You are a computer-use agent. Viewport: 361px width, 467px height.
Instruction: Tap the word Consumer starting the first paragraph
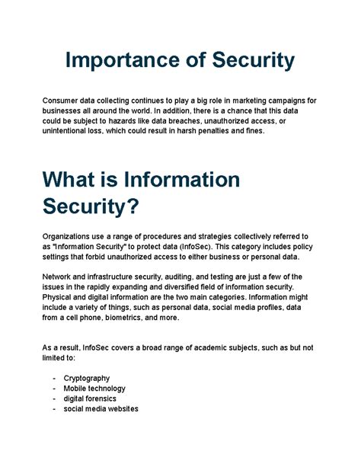tap(64, 101)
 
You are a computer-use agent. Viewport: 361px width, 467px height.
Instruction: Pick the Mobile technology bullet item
tap(91, 388)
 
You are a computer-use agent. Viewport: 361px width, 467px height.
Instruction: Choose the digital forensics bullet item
tap(90, 398)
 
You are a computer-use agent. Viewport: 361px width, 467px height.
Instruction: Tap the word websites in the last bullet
tap(119, 408)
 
